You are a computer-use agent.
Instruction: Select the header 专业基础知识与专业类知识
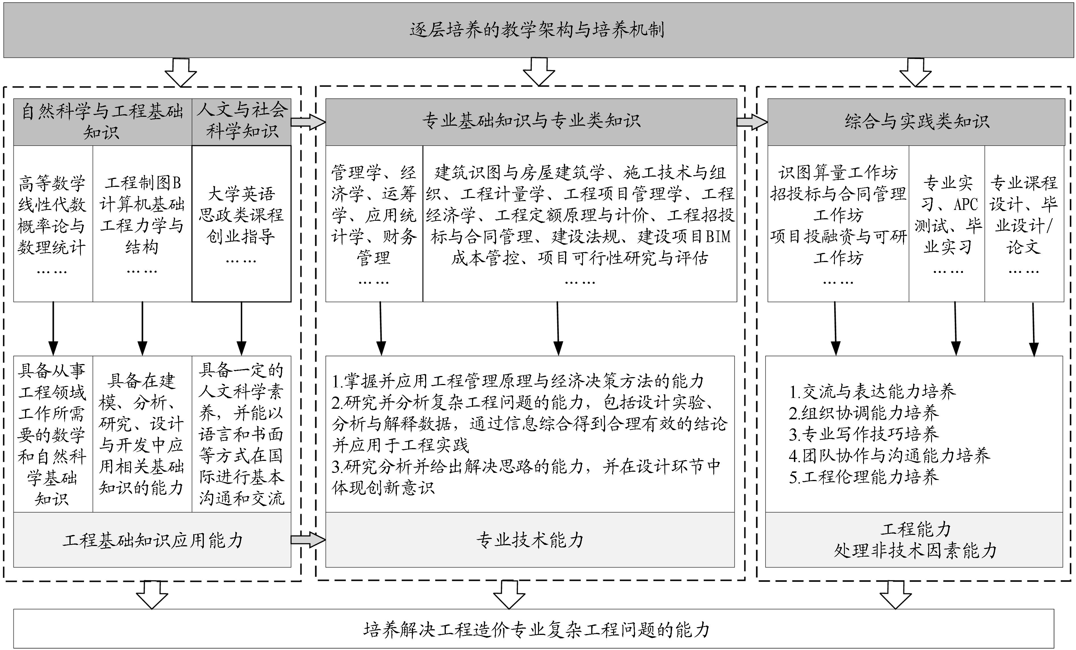(531, 121)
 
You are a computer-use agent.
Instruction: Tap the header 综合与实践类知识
(916, 121)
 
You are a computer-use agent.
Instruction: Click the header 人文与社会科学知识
(241, 120)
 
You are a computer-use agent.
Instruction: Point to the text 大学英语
(241, 193)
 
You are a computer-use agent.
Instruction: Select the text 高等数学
(52, 183)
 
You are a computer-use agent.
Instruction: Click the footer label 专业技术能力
(530, 540)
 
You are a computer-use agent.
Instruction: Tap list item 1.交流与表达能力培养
(872, 391)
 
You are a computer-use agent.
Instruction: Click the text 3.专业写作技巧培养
(863, 434)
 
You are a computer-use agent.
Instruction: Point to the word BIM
(718, 237)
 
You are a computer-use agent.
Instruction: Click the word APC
(966, 205)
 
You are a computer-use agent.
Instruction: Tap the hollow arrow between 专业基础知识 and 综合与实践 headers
(751, 122)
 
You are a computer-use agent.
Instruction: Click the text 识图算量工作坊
(837, 173)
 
